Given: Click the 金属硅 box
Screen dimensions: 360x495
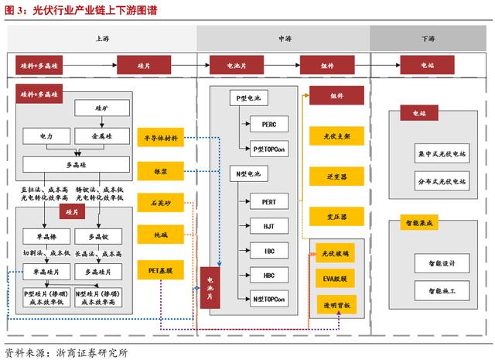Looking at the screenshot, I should [x=102, y=135].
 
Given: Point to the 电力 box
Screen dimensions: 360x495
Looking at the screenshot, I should [x=47, y=135].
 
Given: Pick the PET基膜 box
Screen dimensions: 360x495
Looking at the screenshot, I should [x=160, y=270].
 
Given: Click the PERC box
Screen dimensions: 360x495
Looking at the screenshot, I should [x=268, y=123].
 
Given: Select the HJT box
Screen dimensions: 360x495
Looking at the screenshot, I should [x=268, y=225].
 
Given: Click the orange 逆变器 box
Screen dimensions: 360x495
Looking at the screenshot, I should [x=336, y=177].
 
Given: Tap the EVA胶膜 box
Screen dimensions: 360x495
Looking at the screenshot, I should [x=336, y=278].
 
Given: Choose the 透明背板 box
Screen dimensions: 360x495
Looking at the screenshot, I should [x=336, y=305].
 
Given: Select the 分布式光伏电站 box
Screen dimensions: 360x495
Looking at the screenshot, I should [x=441, y=182].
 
